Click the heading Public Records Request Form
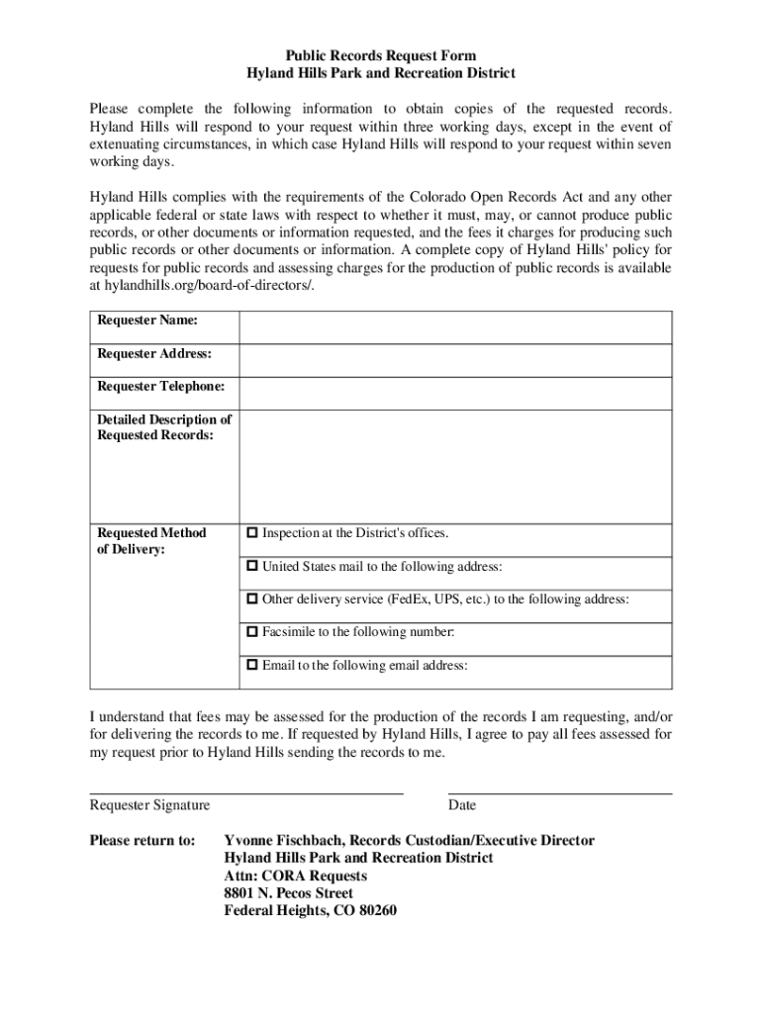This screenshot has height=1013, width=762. tap(381, 56)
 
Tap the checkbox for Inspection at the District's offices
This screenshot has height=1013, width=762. tap(251, 533)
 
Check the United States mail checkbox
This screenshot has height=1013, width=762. tap(251, 567)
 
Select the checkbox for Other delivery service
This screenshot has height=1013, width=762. tap(251, 599)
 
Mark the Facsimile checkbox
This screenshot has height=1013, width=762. tap(251, 632)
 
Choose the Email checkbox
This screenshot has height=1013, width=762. tap(251, 666)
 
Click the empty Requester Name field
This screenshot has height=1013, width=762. tap(455, 326)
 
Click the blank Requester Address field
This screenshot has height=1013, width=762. tap(455, 359)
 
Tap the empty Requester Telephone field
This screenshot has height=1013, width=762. tap(455, 392)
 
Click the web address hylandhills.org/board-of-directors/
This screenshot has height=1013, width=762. tap(208, 286)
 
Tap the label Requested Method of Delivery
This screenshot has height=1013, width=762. tap(151, 541)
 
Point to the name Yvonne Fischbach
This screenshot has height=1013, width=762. tap(283, 841)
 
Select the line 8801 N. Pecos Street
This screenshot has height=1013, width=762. tap(289, 893)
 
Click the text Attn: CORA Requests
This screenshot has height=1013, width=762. tap(296, 876)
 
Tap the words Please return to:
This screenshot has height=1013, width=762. tap(143, 841)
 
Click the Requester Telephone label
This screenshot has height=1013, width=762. tap(160, 386)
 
